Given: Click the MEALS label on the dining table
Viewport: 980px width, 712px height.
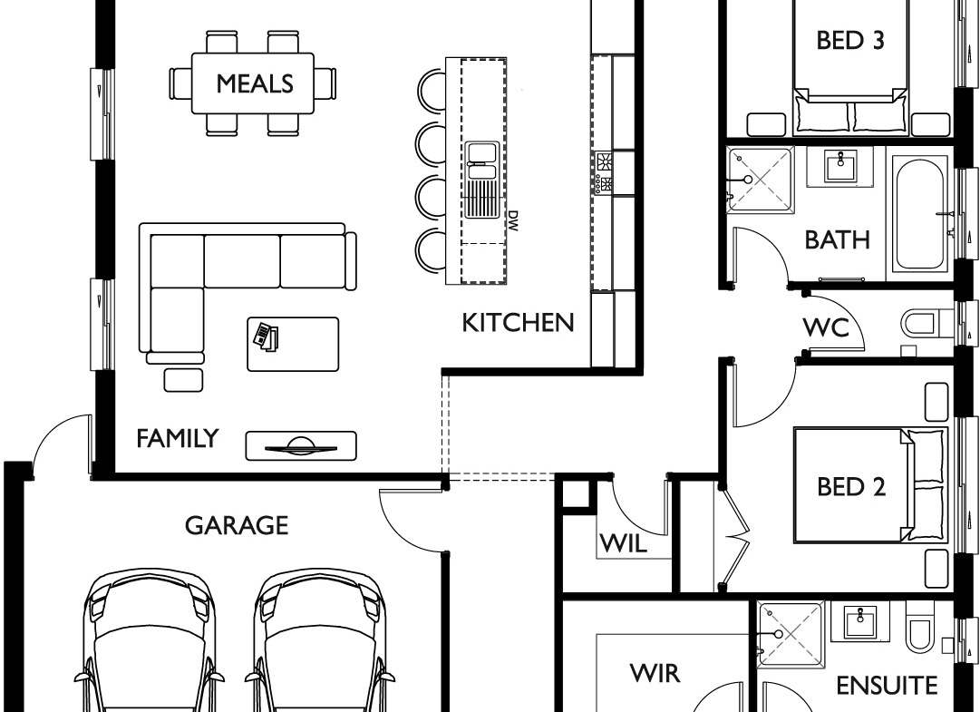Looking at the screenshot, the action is click(255, 83).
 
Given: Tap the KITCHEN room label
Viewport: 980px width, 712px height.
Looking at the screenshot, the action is click(518, 323).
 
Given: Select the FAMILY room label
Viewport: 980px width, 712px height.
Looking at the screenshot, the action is click(178, 438).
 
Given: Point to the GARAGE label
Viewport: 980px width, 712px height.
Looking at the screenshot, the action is click(237, 526).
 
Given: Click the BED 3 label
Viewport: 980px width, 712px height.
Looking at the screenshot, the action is click(850, 40).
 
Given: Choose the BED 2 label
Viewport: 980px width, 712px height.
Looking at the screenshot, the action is click(851, 486).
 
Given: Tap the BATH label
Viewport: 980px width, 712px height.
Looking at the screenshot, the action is click(837, 240).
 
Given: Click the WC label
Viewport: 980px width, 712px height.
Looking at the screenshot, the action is click(826, 327).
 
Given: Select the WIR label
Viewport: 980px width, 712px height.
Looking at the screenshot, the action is click(655, 673).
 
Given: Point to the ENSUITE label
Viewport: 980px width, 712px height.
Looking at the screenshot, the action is click(887, 686).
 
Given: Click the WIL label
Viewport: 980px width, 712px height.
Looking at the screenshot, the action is click(623, 544).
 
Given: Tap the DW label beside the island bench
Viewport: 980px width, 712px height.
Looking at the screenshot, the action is click(513, 220).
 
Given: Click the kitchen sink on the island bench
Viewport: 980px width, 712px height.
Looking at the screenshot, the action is click(482, 180).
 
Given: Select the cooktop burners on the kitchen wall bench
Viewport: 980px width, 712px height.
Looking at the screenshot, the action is click(604, 172).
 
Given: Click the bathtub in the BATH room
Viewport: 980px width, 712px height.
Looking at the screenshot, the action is click(919, 213).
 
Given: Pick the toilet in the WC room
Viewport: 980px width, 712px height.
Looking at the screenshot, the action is click(927, 324).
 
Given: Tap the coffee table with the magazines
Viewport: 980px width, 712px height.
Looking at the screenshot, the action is click(293, 344).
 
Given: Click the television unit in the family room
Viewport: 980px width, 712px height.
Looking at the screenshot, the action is click(301, 445).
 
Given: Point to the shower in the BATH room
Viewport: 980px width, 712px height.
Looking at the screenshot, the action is click(760, 180).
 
